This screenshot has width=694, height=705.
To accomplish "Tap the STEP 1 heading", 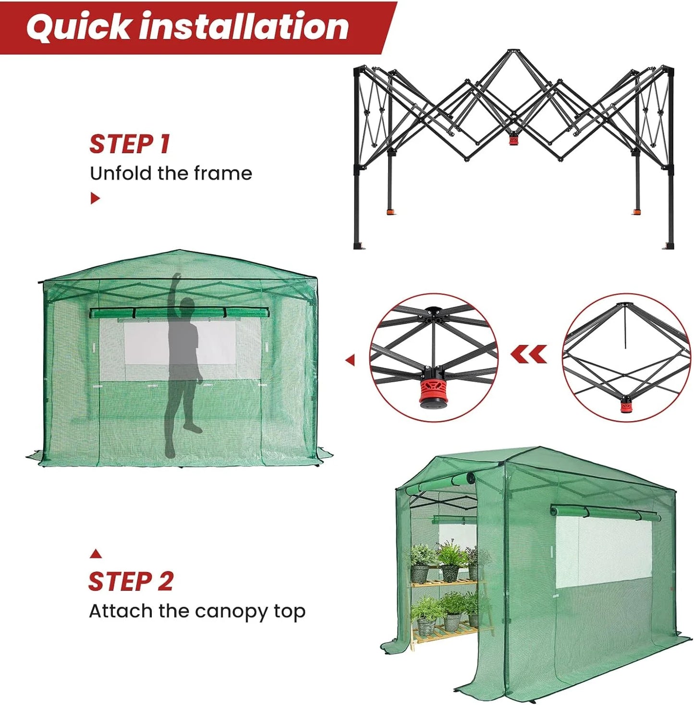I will tap(130, 144).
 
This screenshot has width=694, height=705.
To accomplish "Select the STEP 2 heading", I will tap(131, 582).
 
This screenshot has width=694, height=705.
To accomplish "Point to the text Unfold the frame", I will tap(171, 173).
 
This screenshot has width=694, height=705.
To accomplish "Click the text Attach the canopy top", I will tap(197, 611).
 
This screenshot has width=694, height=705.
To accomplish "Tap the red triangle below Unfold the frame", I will tap(95, 198).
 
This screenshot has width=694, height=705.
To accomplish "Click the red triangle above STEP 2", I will tap(96, 554).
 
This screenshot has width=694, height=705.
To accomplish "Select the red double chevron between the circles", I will tap(529, 354).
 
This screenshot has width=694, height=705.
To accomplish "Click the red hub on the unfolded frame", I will tap(513, 140).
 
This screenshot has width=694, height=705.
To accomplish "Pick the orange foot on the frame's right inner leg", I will tap(636, 211).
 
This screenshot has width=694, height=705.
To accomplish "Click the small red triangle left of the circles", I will tap(351, 360).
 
